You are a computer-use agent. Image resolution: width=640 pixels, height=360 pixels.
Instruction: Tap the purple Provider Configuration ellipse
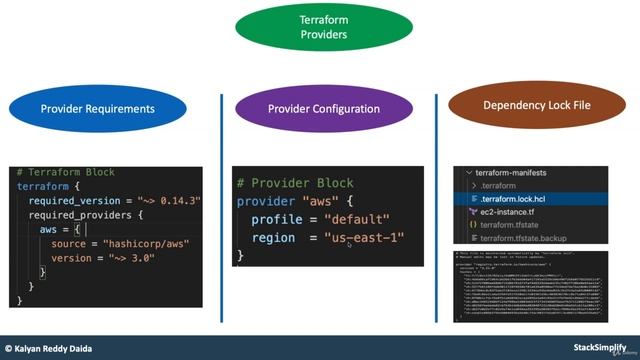pos(324,108)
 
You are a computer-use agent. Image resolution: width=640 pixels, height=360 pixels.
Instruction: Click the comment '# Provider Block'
pos(290,183)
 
